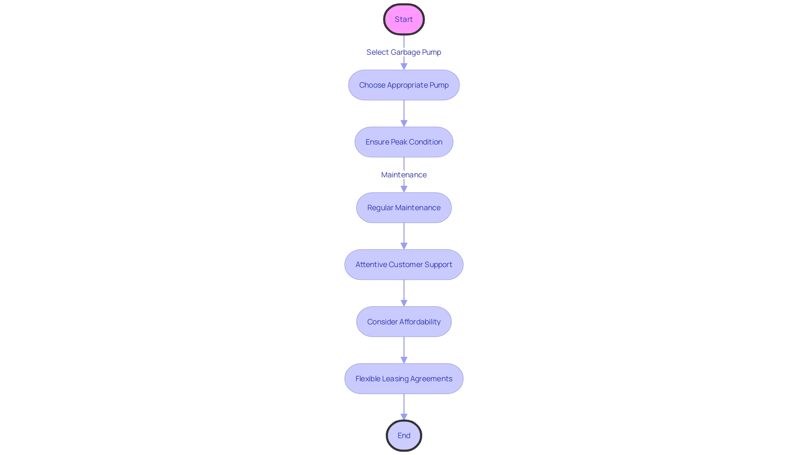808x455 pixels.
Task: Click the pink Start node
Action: click(x=404, y=19)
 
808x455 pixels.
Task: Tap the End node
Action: click(x=404, y=436)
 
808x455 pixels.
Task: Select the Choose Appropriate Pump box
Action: click(x=404, y=85)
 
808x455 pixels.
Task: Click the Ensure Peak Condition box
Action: click(x=404, y=142)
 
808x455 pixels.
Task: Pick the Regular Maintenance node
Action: click(x=404, y=208)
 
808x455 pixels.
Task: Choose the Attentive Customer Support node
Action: click(x=404, y=265)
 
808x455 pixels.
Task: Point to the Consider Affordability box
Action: click(x=404, y=322)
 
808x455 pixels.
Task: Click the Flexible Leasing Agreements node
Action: click(x=404, y=379)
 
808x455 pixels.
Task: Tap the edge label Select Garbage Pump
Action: click(x=404, y=52)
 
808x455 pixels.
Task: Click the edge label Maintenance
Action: click(x=404, y=175)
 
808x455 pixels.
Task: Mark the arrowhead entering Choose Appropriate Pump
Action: click(x=404, y=67)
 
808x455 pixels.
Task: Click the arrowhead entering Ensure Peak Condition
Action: click(x=404, y=123)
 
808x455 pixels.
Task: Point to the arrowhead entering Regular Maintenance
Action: click(x=404, y=189)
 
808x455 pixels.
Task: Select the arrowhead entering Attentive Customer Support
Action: click(x=404, y=246)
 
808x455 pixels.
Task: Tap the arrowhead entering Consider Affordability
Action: click(x=404, y=303)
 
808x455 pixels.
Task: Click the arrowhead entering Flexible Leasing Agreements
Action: click(x=404, y=360)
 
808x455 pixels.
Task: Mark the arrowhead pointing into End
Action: click(x=404, y=417)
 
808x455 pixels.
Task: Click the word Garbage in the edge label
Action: click(x=405, y=52)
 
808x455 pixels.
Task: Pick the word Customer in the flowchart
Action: click(x=406, y=265)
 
